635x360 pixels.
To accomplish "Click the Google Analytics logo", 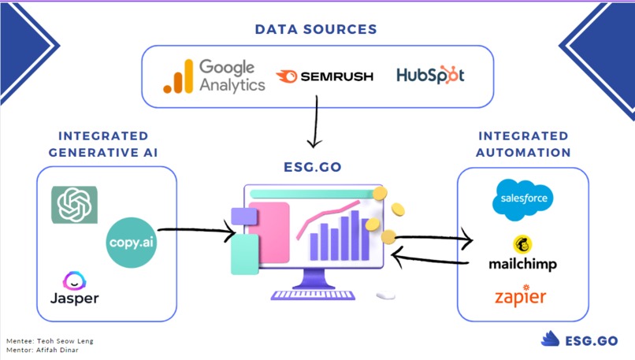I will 214,76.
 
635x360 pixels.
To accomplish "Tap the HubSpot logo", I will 430,76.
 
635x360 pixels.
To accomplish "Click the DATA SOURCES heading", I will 316,29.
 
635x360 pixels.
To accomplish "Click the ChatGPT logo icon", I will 74,205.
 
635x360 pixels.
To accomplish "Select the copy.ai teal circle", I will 132,240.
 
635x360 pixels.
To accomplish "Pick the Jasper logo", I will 75,289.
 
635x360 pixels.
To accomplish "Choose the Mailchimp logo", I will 522,254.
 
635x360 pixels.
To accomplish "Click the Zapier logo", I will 520,297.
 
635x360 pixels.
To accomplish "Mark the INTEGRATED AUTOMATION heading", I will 523,144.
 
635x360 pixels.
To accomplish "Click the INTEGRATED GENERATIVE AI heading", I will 102,144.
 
